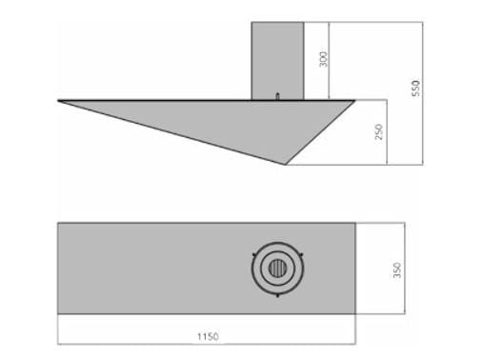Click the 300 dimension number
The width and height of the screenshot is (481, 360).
(323, 59)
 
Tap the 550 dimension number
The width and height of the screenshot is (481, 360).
(415, 89)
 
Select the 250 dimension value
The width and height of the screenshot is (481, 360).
(379, 131)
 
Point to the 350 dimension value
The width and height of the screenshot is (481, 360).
(397, 270)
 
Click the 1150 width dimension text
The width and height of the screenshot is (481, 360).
(208, 336)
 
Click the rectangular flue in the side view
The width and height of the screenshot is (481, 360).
(277, 61)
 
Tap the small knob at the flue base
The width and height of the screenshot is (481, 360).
(278, 96)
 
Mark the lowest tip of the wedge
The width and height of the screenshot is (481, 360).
(285, 165)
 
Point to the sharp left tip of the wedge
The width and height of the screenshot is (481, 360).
(58, 101)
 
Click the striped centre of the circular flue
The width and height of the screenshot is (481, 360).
(277, 269)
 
